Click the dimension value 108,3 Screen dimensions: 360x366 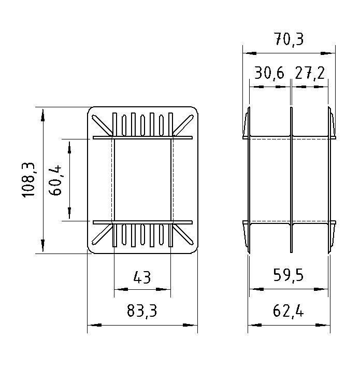coord(28,180)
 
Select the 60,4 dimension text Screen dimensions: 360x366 coord(55,180)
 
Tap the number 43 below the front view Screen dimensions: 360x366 coord(142,277)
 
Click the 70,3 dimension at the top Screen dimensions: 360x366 coord(289,39)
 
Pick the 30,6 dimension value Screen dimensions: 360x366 coord(269,73)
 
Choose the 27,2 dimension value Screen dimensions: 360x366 coord(310,73)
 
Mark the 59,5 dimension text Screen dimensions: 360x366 coord(289,275)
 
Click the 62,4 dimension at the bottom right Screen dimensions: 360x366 coord(289,311)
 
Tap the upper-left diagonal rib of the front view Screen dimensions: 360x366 coord(102,125)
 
